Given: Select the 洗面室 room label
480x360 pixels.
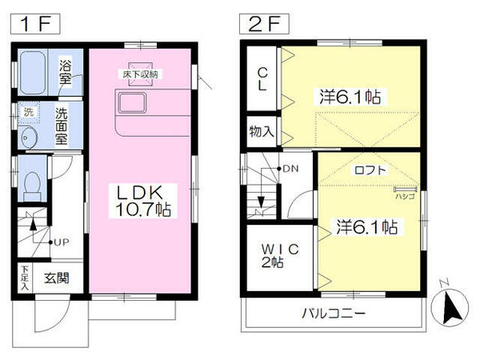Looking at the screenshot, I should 61,124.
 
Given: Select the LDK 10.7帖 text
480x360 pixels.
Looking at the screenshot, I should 142,201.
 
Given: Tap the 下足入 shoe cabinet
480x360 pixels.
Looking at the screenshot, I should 25,278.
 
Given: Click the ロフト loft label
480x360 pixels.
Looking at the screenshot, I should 370,170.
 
